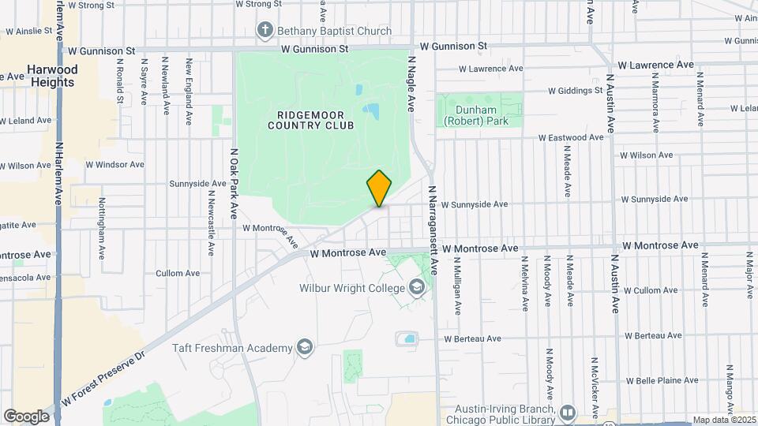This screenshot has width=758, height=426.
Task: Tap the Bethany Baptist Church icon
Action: point(265,32)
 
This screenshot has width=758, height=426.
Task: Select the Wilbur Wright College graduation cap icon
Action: point(416,288)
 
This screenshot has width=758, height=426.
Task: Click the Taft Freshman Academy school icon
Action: point(304,347)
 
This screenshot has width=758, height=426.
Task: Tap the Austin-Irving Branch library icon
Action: point(567,413)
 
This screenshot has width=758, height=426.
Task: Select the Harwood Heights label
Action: point(52,76)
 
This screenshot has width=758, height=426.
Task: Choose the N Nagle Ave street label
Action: point(411,81)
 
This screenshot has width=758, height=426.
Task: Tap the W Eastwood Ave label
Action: point(571,137)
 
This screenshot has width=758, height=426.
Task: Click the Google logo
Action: point(26,417)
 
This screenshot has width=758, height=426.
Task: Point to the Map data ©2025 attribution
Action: point(723,420)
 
